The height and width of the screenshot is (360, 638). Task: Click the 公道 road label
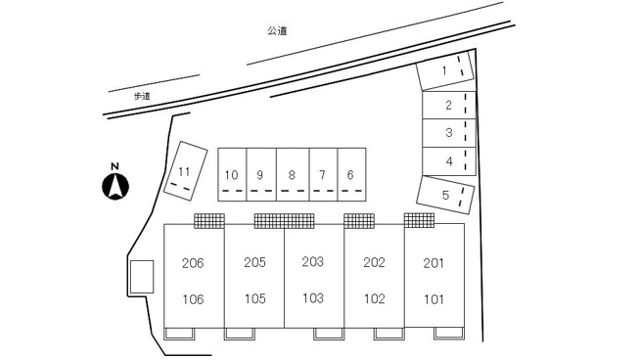point(277,31)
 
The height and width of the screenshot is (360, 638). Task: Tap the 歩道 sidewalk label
point(142,96)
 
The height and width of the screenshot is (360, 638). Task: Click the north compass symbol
point(115,187)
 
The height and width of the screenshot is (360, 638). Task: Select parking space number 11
point(185,171)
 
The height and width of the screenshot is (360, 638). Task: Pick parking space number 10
point(232,174)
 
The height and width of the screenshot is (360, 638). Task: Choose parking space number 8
point(293,174)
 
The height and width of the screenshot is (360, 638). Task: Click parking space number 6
point(351,174)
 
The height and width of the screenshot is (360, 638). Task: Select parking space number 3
point(449,133)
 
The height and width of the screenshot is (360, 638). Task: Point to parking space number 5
point(445,195)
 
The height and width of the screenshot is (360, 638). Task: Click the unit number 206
point(193,263)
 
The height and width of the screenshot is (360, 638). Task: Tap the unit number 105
point(255,299)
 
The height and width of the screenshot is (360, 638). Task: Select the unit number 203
point(313,261)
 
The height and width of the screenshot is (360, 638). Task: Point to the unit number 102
point(375,299)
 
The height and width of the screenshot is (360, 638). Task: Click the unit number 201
point(433,263)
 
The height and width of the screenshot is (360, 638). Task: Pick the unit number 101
point(433,299)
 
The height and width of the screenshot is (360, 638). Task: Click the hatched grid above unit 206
point(209,221)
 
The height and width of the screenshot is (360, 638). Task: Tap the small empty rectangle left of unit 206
point(142,277)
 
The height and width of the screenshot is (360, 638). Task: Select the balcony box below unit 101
point(449,333)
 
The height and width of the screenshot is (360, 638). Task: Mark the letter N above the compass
point(115,166)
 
